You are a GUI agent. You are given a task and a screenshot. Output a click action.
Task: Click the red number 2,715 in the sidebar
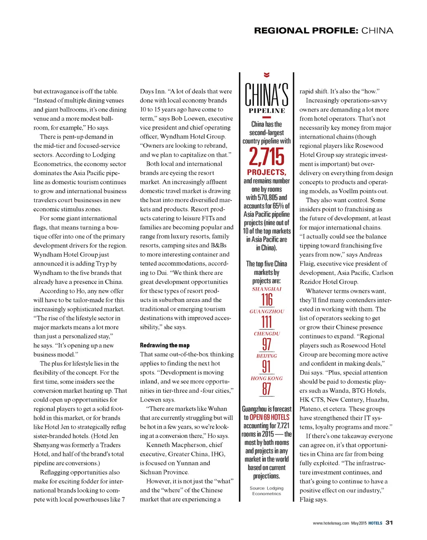[266, 157]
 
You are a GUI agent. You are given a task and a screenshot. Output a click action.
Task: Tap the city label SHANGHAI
[266, 289]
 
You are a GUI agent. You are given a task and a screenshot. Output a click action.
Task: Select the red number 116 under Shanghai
[267, 299]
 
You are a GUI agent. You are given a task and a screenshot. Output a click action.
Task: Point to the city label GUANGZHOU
[266, 311]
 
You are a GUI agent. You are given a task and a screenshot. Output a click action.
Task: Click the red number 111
[266, 322]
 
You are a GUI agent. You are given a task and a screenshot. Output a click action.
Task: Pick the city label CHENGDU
[267, 334]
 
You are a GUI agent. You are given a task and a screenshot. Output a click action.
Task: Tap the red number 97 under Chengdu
[266, 344]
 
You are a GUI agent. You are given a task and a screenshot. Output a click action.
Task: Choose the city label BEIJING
[266, 356]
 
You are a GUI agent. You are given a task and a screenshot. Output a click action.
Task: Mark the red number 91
[266, 367]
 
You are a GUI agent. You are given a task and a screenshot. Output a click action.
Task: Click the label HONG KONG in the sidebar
[266, 379]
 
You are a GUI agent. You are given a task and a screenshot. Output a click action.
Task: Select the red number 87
[266, 389]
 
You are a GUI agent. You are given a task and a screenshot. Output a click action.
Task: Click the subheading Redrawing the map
[165, 345]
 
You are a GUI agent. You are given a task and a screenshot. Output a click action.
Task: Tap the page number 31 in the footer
[389, 522]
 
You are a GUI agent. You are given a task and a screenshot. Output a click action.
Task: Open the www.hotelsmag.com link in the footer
[331, 523]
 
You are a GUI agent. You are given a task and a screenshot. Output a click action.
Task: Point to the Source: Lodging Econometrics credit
[266, 491]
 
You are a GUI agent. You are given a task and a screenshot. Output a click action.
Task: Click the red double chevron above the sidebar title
[266, 75]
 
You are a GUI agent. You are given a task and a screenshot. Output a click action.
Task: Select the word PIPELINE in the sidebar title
[267, 111]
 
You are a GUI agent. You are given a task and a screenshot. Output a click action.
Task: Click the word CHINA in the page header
[377, 30]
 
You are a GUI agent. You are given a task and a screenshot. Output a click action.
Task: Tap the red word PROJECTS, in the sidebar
[266, 172]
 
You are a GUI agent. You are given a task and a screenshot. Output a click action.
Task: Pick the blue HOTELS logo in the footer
[375, 523]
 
